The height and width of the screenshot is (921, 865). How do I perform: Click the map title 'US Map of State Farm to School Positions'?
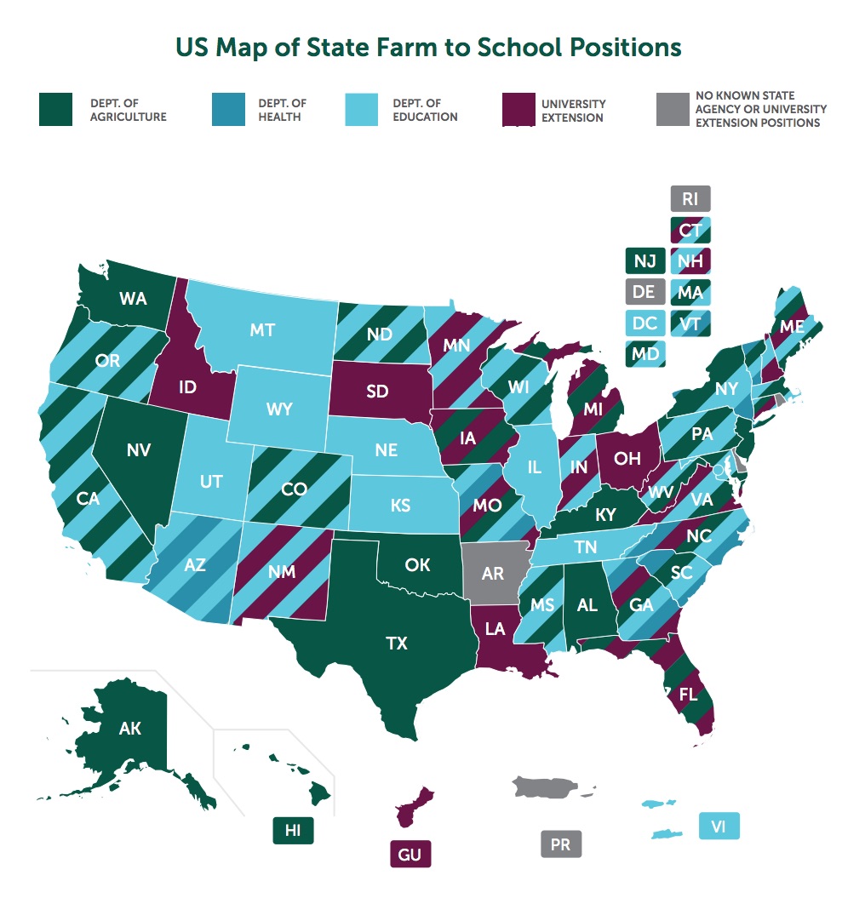(x=428, y=47)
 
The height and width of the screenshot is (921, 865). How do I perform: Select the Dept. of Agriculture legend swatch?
(x=56, y=110)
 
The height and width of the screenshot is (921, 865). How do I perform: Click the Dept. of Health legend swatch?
(x=226, y=110)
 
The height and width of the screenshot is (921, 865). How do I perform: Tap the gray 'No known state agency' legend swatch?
(x=673, y=110)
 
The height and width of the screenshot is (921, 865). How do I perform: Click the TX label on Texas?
(x=397, y=644)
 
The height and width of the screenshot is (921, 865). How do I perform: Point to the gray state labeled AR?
(x=493, y=573)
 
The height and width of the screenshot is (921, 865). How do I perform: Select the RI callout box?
(x=690, y=200)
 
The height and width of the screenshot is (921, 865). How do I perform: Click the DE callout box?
(x=644, y=292)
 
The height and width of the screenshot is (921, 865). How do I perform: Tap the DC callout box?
(x=644, y=323)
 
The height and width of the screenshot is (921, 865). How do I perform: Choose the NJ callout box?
(x=644, y=260)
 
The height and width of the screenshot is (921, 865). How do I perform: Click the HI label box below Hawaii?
(x=293, y=831)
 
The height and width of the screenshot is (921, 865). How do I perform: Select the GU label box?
(x=410, y=854)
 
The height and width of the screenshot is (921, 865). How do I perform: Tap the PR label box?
(x=560, y=844)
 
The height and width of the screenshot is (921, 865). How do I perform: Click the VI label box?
(x=719, y=826)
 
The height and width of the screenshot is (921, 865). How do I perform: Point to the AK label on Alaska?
(x=130, y=729)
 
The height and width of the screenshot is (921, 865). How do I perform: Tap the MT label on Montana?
(x=262, y=329)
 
